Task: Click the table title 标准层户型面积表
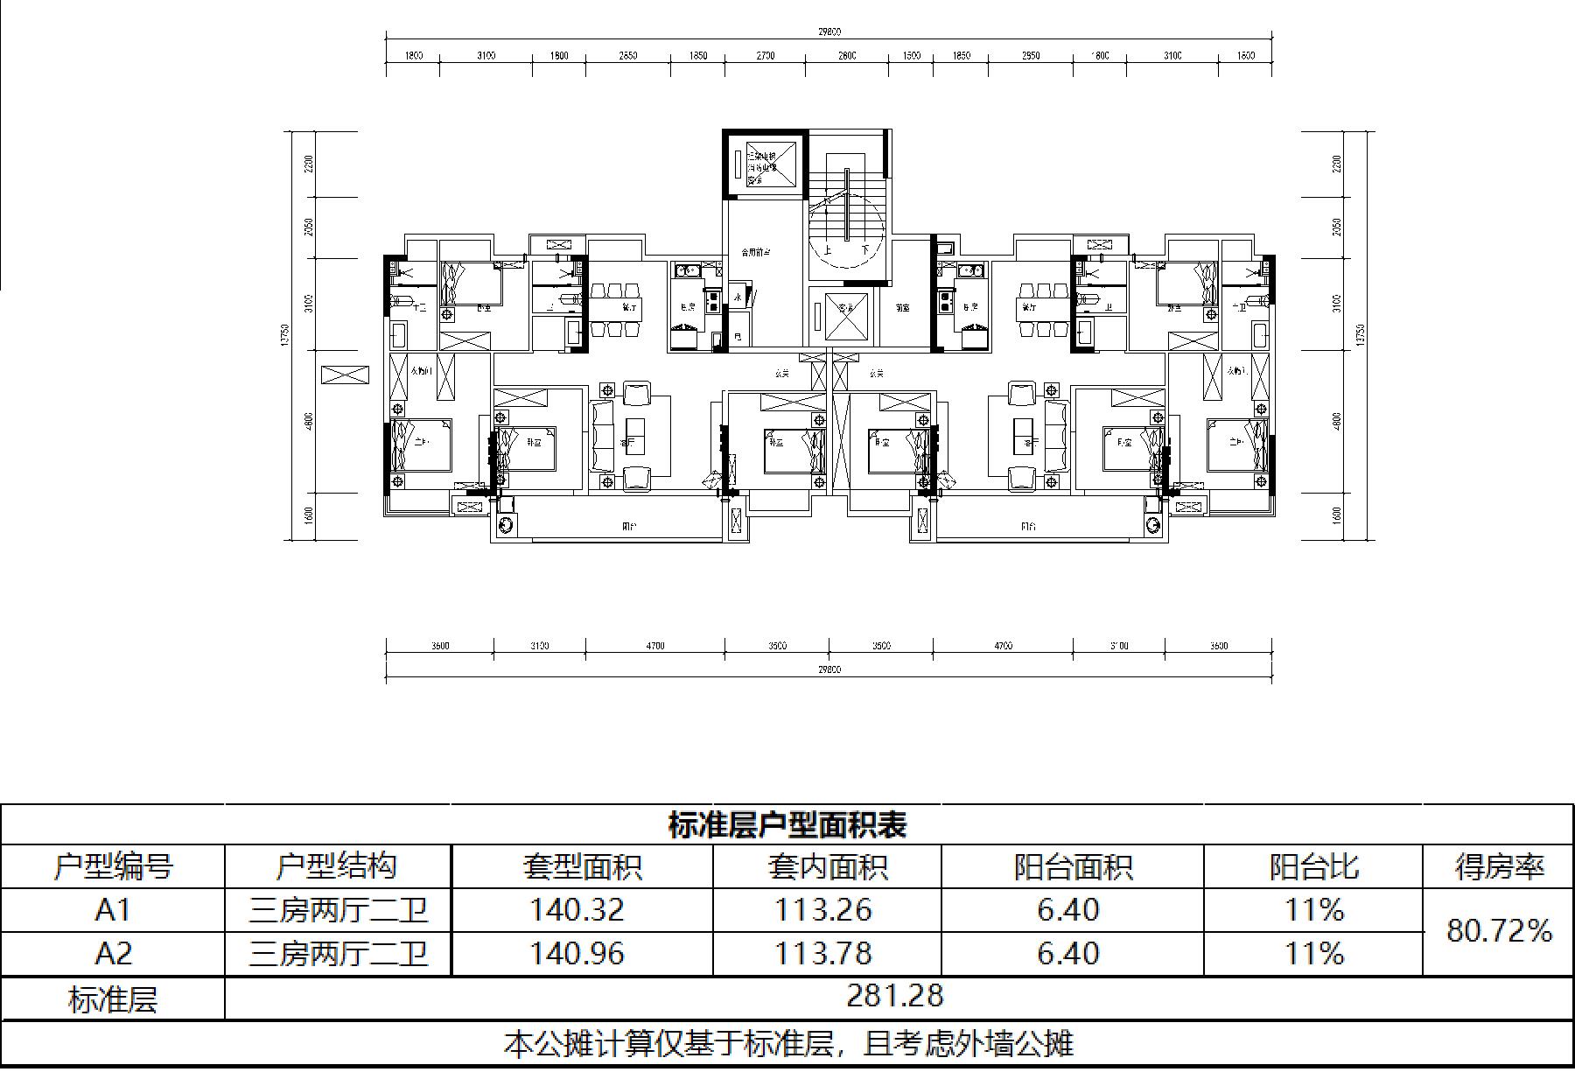click(787, 825)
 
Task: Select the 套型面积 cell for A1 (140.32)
click(577, 910)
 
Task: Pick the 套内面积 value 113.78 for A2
click(823, 953)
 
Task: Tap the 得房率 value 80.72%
click(1498, 930)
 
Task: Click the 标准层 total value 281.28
click(895, 996)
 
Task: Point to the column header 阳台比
click(1312, 866)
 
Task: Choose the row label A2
click(113, 953)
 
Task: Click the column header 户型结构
click(337, 866)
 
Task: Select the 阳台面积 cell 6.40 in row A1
click(1068, 910)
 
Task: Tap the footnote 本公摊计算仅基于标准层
click(787, 1044)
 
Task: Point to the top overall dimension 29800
click(829, 32)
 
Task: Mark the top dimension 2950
click(1031, 56)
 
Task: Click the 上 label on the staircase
click(828, 249)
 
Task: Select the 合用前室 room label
click(754, 253)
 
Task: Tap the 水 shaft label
click(738, 298)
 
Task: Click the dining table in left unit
click(616, 309)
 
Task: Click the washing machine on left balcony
click(507, 524)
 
